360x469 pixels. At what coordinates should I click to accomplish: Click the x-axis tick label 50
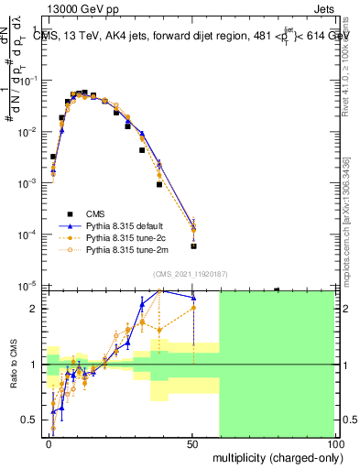[192, 443]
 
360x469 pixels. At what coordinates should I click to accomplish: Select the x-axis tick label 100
[335, 443]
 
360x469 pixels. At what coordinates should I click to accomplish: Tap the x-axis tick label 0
[49, 443]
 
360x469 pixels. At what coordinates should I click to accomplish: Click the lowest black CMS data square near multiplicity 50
[193, 245]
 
